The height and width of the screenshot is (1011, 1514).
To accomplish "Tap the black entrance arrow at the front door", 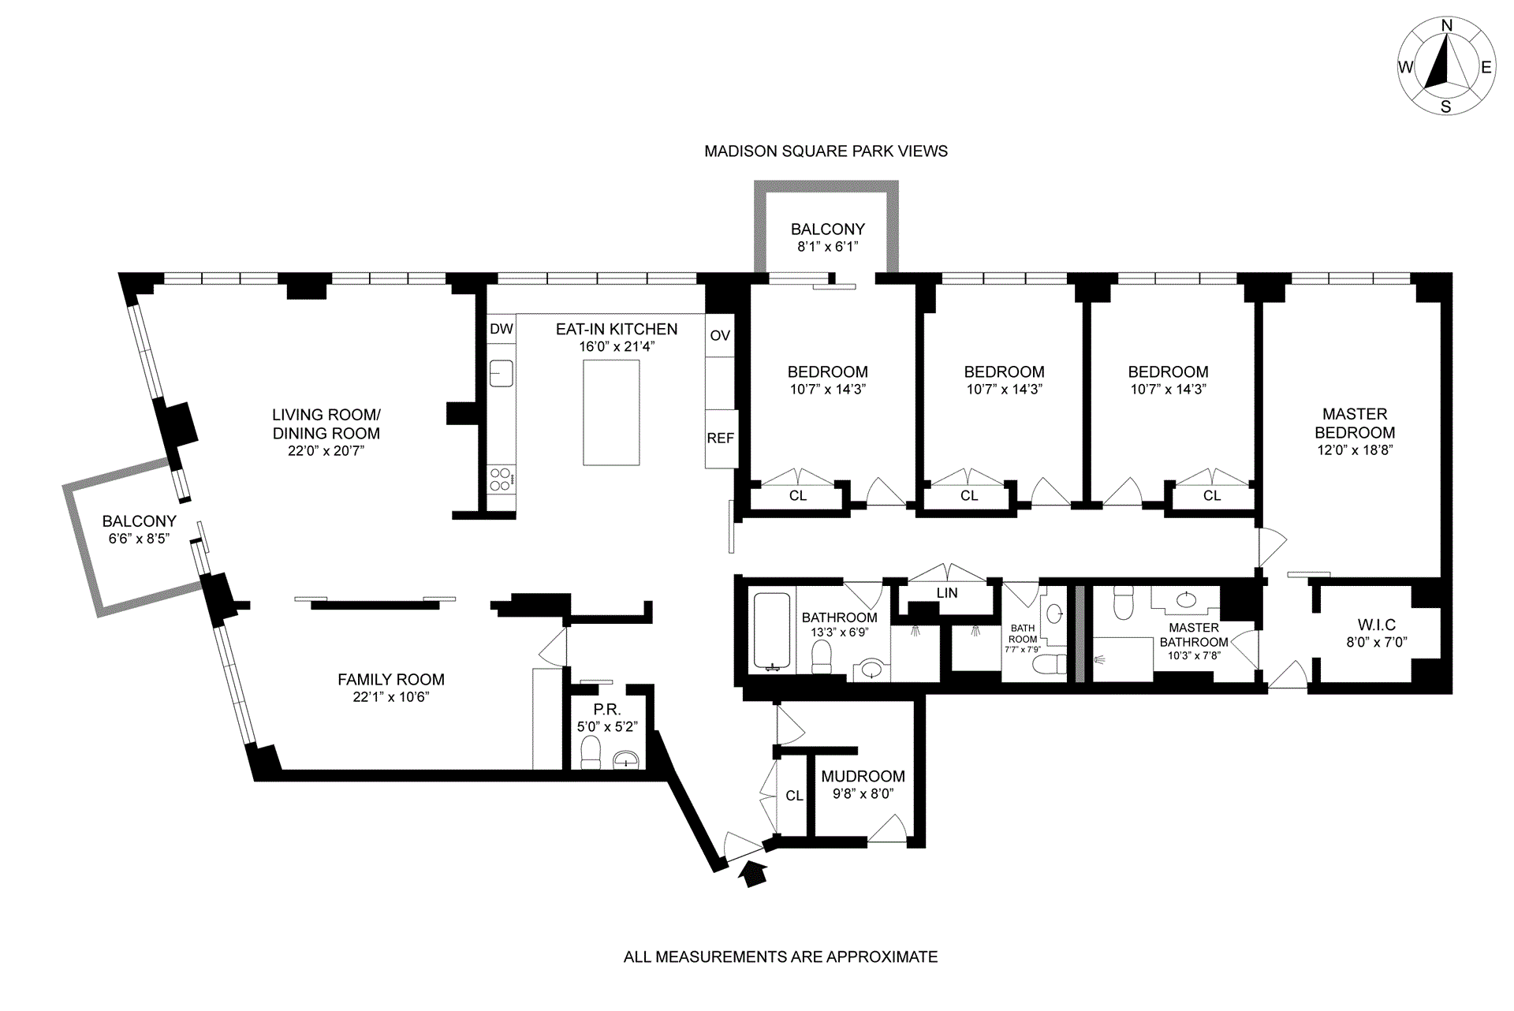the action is tap(755, 874).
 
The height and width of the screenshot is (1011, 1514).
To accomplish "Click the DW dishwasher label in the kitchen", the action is tap(502, 329).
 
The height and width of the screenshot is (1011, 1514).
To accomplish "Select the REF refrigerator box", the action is tap(721, 438).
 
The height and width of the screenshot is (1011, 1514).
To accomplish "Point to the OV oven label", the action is tap(720, 335).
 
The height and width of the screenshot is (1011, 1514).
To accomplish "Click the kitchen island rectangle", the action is tap(611, 412).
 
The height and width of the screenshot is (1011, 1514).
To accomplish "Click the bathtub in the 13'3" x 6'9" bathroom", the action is tap(772, 632).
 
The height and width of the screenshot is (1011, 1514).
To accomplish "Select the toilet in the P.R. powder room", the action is tap(591, 752).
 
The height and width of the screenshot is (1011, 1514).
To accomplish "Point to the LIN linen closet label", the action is tap(947, 593).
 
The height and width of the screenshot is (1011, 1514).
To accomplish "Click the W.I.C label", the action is tap(1376, 625).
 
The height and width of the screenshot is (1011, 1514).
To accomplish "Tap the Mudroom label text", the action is tap(863, 777).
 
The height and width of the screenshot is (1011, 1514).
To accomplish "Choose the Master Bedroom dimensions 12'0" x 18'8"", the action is tap(1355, 450).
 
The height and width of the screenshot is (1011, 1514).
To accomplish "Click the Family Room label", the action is tap(391, 680).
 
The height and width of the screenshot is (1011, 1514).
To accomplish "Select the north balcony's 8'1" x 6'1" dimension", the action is tap(827, 247).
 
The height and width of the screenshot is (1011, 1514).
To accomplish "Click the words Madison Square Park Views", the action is tap(826, 151).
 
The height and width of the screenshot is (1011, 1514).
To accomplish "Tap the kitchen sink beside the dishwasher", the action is tap(501, 373).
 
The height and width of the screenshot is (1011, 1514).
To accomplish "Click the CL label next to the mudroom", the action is tap(794, 796).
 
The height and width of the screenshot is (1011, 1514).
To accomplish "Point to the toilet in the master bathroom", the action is tap(1122, 604).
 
